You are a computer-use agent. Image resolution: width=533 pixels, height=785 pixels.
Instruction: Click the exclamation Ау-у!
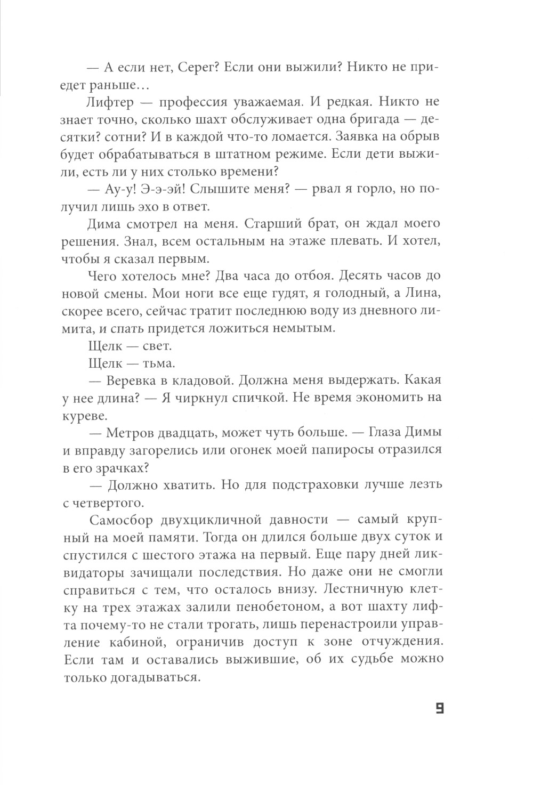[125, 190]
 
